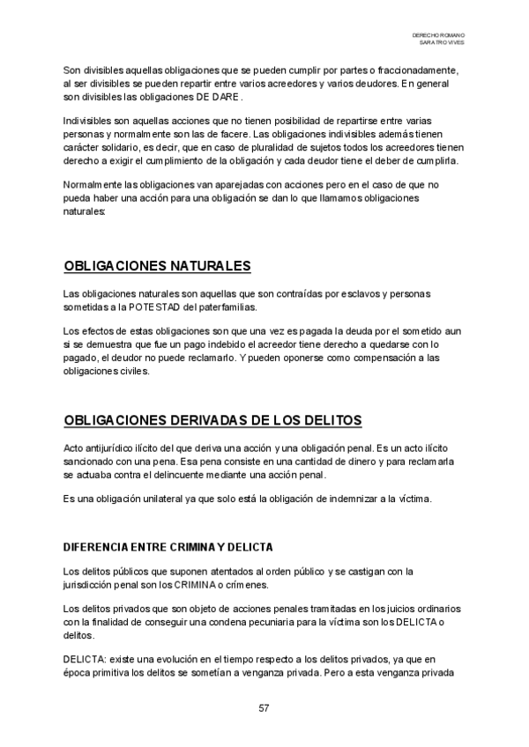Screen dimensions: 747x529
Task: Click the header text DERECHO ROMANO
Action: click(438, 33)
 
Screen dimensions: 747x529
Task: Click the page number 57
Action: click(264, 708)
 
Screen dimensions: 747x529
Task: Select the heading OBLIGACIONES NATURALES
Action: click(158, 267)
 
